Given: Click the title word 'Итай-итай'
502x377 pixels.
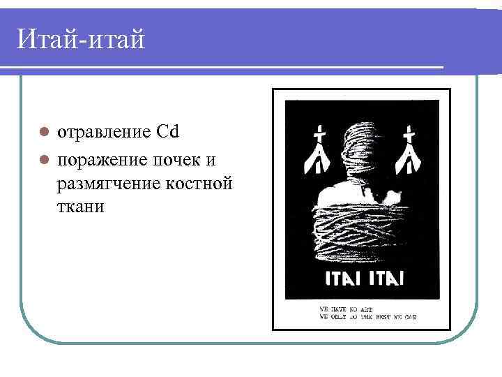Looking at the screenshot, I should (x=81, y=39).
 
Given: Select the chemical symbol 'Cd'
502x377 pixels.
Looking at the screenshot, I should (x=168, y=132).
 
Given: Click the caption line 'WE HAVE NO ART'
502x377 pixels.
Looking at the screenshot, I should (x=341, y=308).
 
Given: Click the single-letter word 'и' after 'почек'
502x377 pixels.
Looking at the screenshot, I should (x=210, y=161).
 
